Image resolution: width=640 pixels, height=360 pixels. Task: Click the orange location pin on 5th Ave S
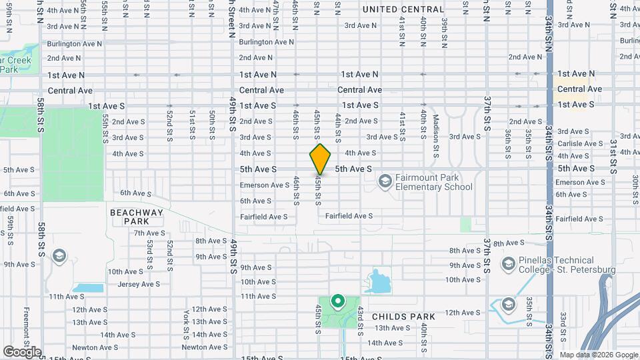[x=321, y=159]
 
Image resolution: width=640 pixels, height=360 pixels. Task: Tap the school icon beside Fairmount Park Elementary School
[x=385, y=181]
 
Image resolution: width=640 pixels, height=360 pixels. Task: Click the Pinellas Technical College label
[x=557, y=265]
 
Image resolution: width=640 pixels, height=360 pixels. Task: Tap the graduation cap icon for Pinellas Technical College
[x=508, y=265]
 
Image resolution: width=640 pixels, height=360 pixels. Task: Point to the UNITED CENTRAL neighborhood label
[x=403, y=9]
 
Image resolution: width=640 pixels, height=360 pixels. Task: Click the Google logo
[x=22, y=351]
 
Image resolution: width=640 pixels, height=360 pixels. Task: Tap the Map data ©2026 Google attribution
[x=598, y=355]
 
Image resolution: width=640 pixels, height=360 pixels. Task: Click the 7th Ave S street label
[x=148, y=233]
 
